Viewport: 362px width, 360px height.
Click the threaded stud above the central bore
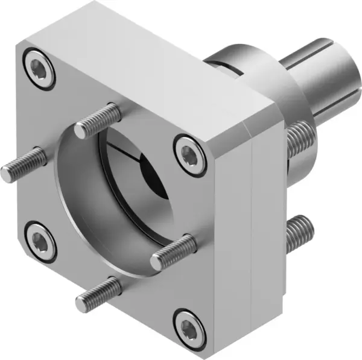point(98,119)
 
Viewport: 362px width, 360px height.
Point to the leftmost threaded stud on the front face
point(23,164)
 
